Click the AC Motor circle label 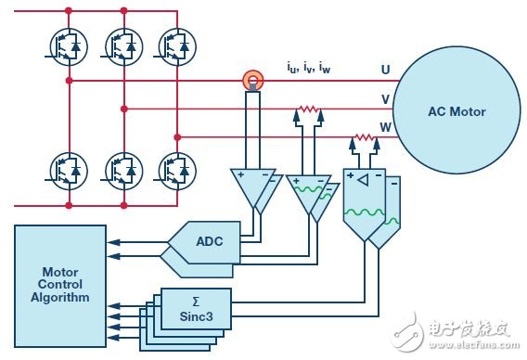point(456,111)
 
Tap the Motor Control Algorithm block point(60,286)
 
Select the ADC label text point(210,241)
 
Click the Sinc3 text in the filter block point(197,316)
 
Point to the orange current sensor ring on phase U point(253,80)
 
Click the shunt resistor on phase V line point(309,109)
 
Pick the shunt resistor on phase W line point(365,137)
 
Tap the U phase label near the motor point(385,70)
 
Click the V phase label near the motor point(385,99)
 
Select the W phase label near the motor point(386,127)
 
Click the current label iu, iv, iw point(309,67)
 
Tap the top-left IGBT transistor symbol point(69,46)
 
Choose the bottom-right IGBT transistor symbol point(177,171)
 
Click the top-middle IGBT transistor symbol point(123,46)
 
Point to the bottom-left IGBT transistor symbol point(69,171)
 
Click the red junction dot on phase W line point(177,137)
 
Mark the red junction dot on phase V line point(124,109)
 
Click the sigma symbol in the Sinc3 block point(196,302)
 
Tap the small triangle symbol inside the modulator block point(364,181)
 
